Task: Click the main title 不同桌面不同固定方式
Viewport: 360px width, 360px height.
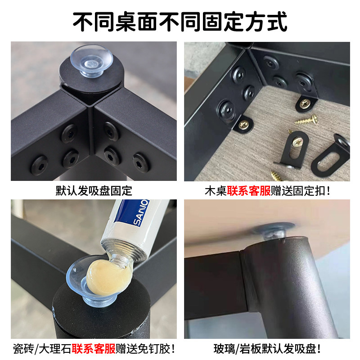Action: click(180, 21)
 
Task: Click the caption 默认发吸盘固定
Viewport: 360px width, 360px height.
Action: click(94, 190)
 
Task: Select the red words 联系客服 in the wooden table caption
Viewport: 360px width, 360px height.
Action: click(249, 190)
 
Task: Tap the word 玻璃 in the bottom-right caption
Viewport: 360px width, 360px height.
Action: click(224, 348)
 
